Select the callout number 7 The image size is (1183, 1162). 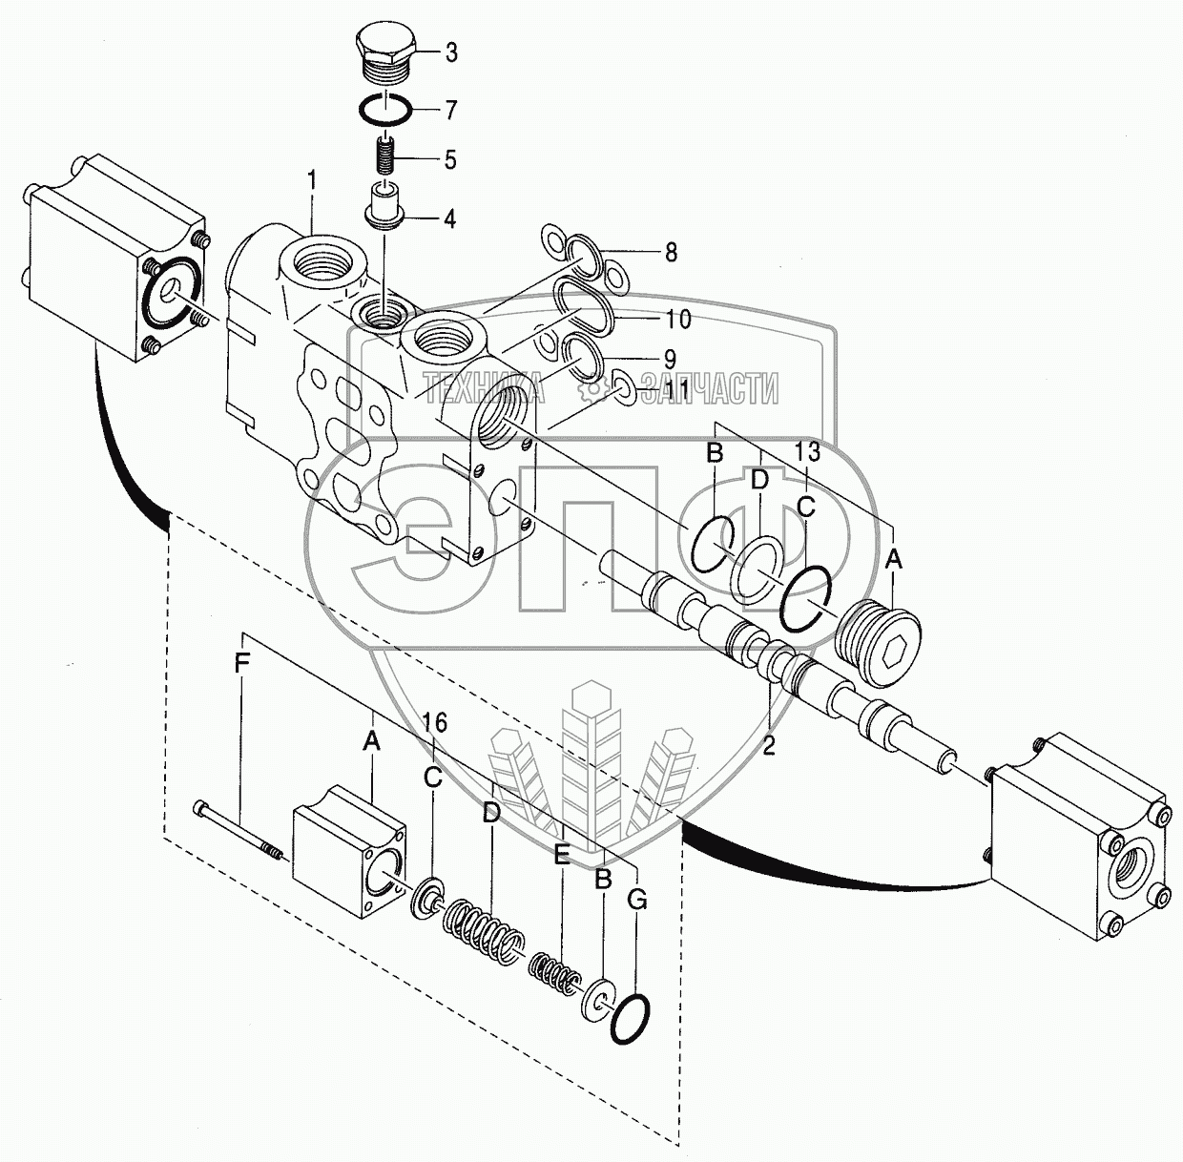450,110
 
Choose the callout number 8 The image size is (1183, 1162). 671,252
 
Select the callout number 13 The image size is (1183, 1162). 807,451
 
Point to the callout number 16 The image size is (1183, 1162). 435,724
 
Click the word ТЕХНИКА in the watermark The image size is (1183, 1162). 484,389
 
